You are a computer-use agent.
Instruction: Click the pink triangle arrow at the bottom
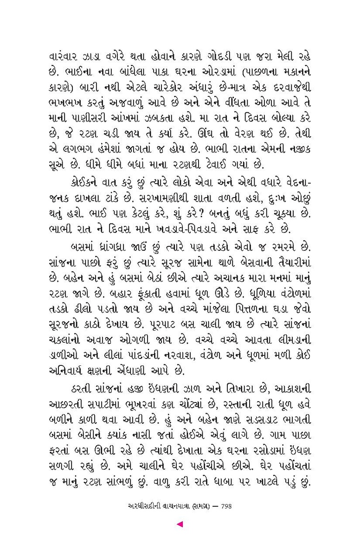tap(180, 524)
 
